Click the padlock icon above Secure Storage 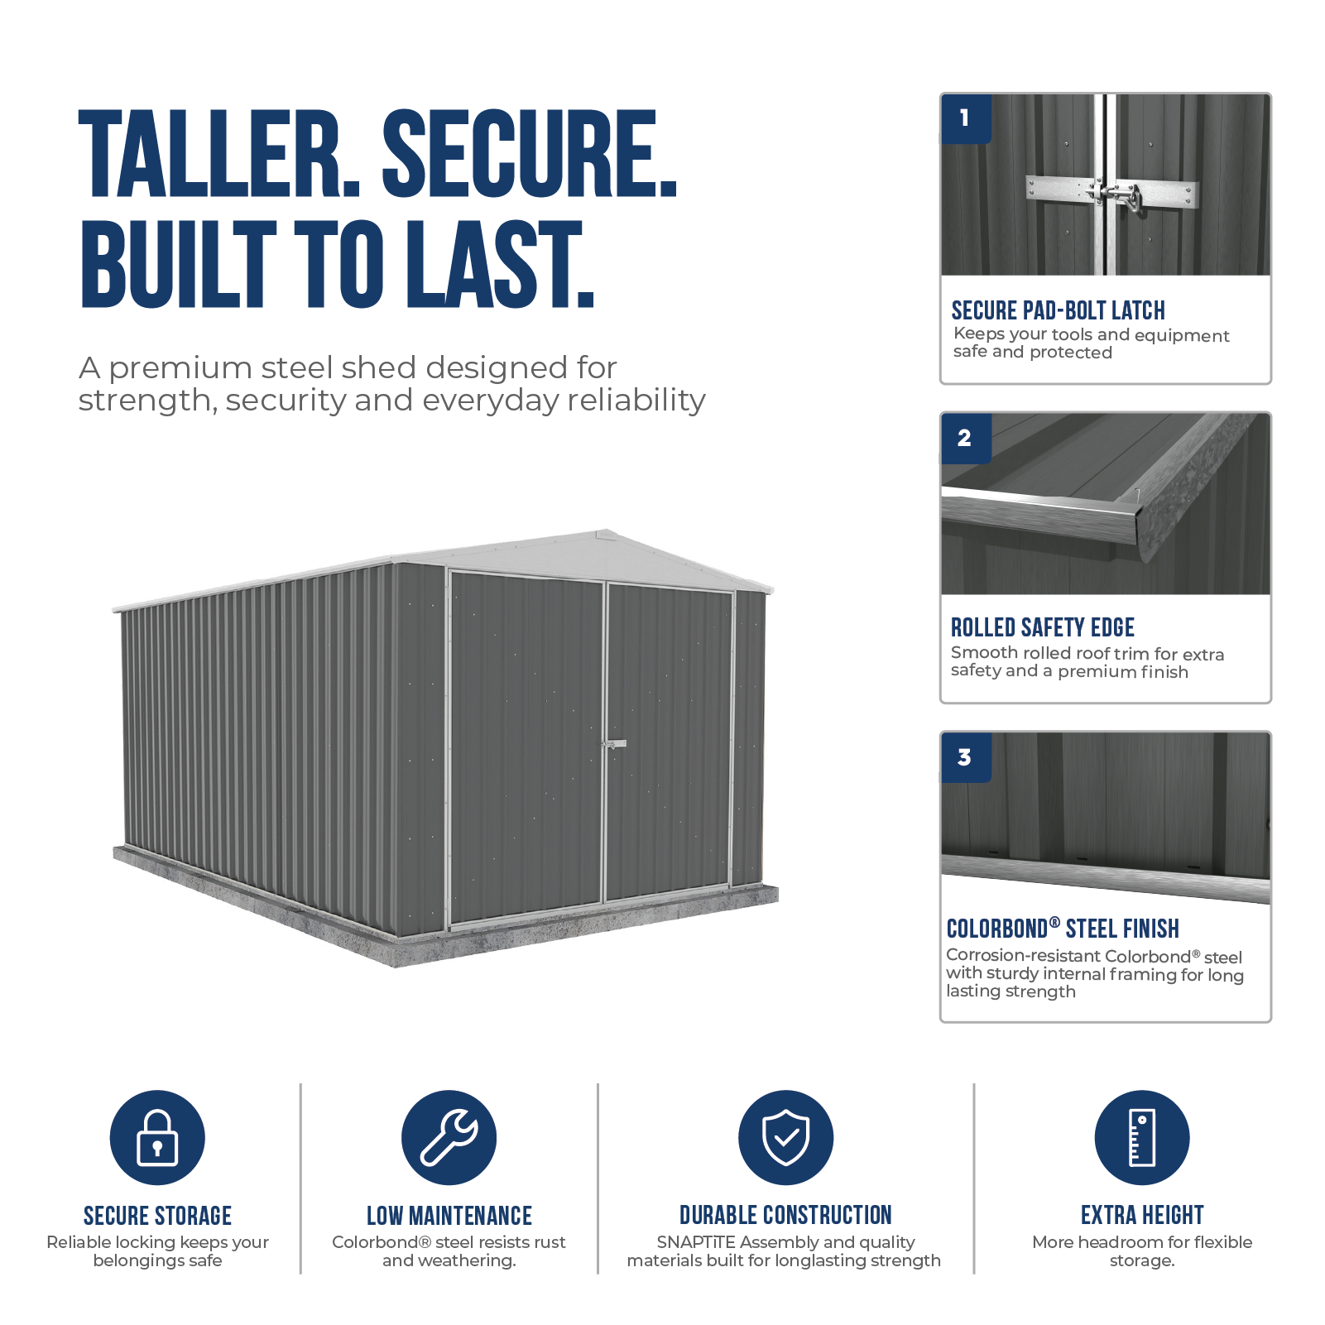(157, 1137)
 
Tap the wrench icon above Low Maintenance (449, 1137)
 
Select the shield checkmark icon (786, 1137)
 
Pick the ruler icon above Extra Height (1142, 1137)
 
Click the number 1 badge (966, 118)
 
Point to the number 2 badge (966, 438)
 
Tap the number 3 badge (966, 757)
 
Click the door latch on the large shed (613, 744)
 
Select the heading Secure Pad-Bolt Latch (1059, 310)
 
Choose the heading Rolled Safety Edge (1043, 627)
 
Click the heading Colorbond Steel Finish (1063, 929)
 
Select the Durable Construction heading (786, 1215)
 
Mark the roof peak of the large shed (607, 530)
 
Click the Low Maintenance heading (449, 1216)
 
